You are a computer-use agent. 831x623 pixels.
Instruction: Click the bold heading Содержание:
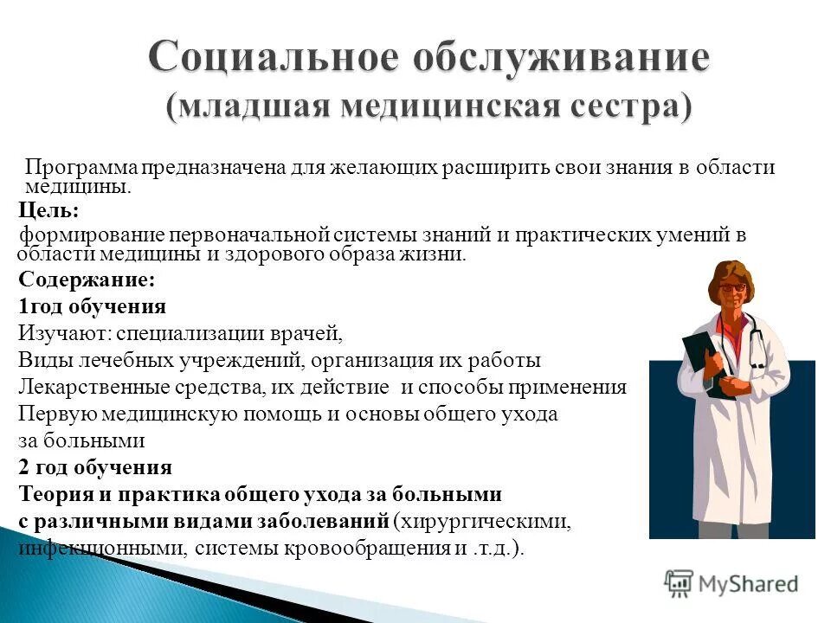pyautogui.click(x=87, y=279)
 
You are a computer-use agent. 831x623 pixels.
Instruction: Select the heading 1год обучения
pyautogui.click(x=92, y=306)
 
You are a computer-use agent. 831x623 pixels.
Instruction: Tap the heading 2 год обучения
pyautogui.click(x=95, y=468)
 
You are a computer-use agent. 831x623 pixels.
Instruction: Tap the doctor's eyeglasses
pyautogui.click(x=731, y=286)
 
